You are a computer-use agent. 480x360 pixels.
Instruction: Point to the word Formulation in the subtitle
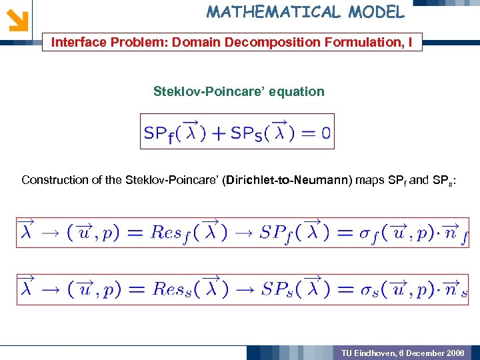tap(363, 43)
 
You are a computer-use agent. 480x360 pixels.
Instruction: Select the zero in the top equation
tap(325, 133)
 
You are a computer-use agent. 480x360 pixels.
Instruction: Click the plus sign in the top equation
tap(219, 133)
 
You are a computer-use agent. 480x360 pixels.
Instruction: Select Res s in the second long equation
tap(174, 289)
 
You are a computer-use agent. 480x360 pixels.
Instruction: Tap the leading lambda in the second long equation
tap(28, 289)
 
